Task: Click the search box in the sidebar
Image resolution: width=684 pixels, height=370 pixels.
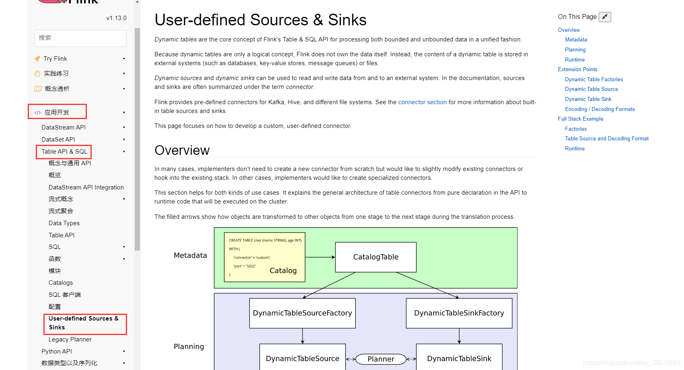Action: (80, 38)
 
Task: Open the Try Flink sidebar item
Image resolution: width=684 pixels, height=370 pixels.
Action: (55, 59)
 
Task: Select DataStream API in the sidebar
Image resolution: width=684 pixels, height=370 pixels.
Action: (64, 127)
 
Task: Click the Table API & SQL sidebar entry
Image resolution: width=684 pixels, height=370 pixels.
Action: (64, 152)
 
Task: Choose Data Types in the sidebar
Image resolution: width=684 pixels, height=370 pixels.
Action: (64, 223)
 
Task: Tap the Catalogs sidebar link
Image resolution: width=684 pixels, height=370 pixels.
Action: (61, 283)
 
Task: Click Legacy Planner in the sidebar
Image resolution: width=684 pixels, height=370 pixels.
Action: (70, 339)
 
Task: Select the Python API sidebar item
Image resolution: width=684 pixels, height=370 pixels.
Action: (57, 351)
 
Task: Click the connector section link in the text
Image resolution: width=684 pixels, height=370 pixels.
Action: (422, 102)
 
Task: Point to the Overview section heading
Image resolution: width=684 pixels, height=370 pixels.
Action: (182, 150)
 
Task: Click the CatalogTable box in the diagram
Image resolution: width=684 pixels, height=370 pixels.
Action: (376, 257)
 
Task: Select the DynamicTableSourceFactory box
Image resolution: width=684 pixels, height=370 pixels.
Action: (302, 313)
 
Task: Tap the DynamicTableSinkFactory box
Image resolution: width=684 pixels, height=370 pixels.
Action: (459, 313)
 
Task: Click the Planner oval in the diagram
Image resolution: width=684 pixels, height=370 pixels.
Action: (381, 359)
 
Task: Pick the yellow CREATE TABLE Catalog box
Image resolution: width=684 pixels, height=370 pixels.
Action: (264, 257)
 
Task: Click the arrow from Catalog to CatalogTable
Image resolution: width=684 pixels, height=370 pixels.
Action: (320, 257)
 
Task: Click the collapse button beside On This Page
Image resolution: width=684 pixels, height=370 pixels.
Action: (604, 17)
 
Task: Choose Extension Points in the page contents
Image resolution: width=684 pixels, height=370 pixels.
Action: (577, 70)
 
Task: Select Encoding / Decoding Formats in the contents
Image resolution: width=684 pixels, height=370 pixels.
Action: (600, 109)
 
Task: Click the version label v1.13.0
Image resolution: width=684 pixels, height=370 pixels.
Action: (116, 18)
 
